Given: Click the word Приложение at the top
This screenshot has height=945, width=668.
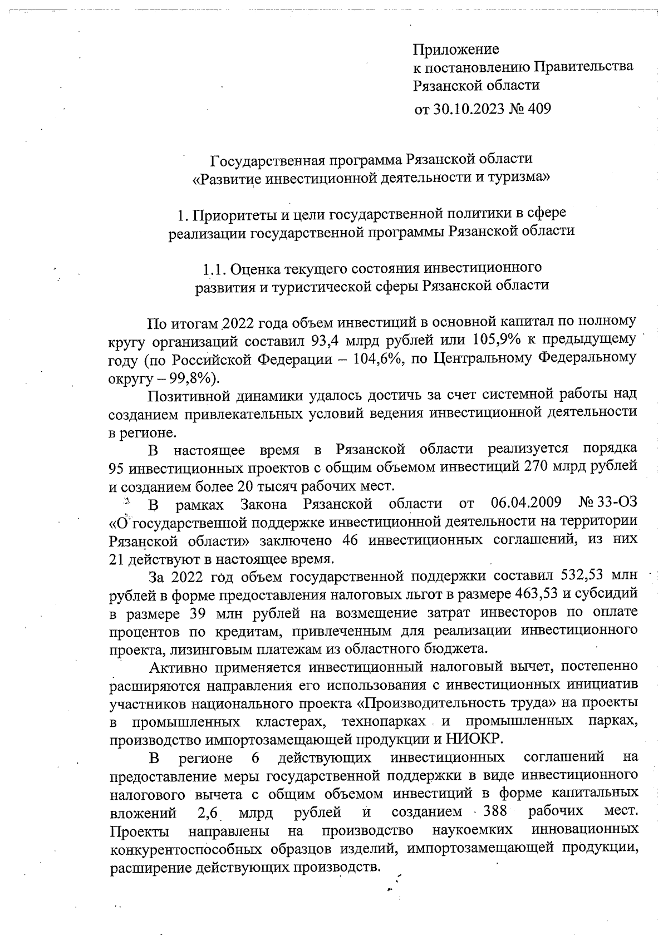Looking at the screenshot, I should pos(456,50).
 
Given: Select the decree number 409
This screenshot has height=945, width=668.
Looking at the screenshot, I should pos(538,109).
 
